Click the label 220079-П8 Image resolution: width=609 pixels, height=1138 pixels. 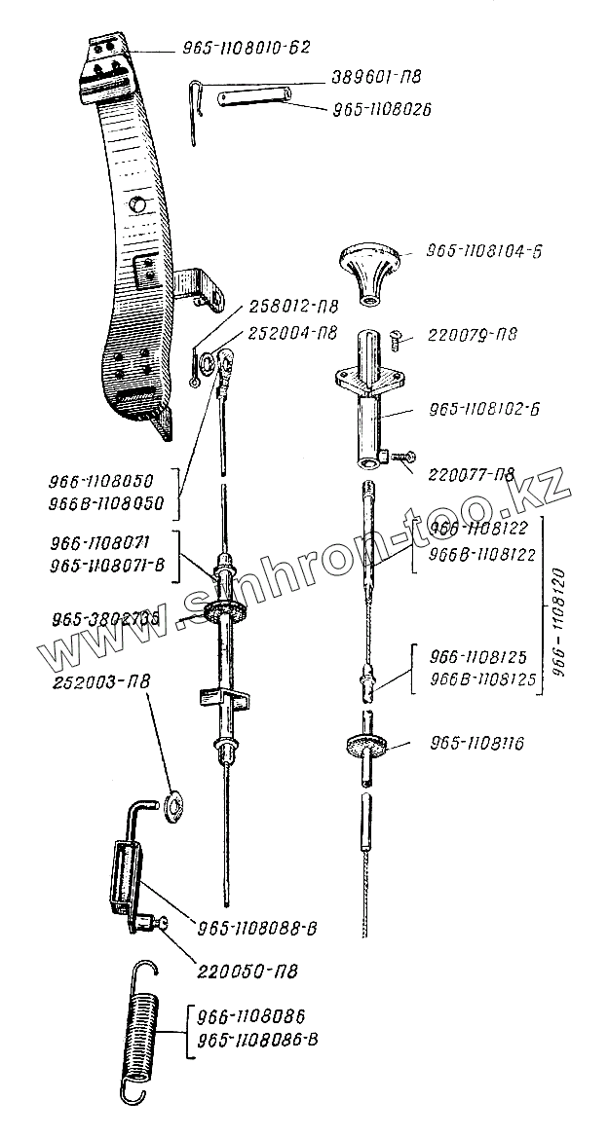(x=467, y=336)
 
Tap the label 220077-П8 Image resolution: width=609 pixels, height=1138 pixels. (x=465, y=474)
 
